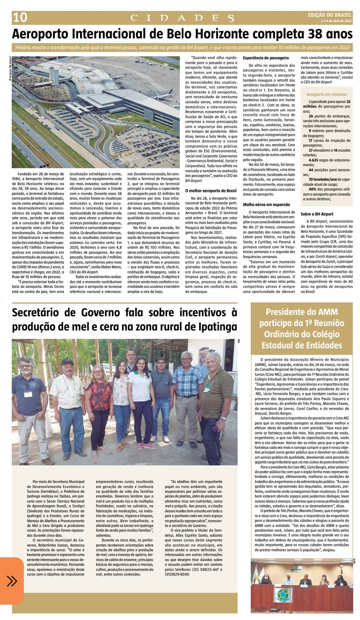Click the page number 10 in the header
[19, 18]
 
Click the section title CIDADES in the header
[182, 18]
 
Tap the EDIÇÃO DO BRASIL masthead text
[330, 15]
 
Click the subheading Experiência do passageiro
[266, 58]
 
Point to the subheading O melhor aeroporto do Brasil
[210, 191]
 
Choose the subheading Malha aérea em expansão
[266, 205]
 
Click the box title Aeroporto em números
[327, 94]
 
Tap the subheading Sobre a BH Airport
[317, 214]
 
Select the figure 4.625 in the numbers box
[313, 161]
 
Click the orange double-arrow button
[12, 581]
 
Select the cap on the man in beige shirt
[68, 362]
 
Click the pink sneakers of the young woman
[145, 446]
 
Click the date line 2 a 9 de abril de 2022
[336, 21]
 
